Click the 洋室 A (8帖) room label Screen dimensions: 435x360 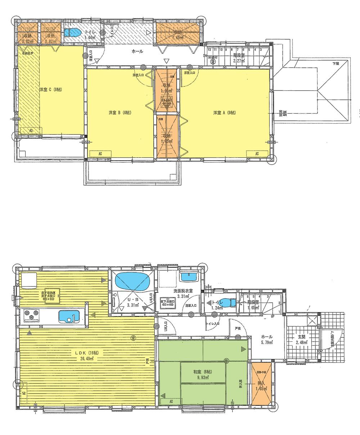pyautogui.click(x=224, y=113)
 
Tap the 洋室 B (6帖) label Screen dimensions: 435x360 pyautogui.click(x=120, y=113)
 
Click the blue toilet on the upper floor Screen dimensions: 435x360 pyautogui.click(x=73, y=32)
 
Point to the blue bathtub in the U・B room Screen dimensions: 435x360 pyautogui.click(x=132, y=281)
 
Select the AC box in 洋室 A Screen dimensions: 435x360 pyautogui.click(x=257, y=154)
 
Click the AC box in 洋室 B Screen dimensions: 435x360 pyautogui.click(x=100, y=154)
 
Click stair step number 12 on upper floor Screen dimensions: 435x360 pyautogui.click(x=209, y=50)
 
